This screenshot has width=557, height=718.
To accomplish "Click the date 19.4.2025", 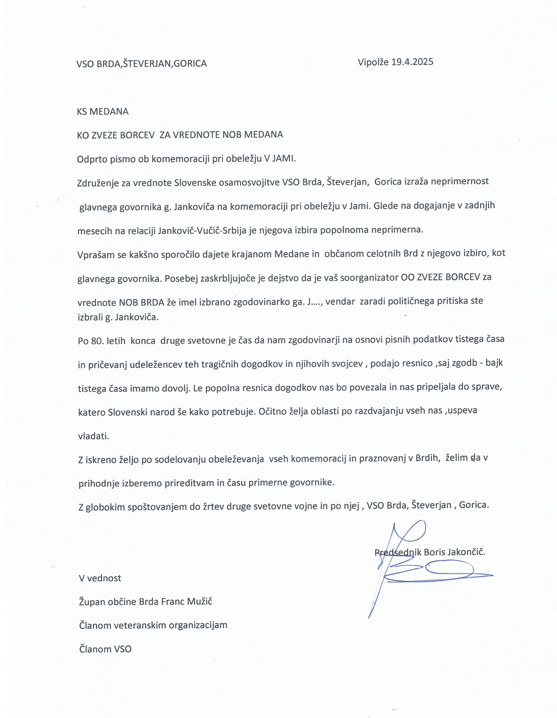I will pos(412,62).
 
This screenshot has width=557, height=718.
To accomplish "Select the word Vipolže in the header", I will pos(373,62).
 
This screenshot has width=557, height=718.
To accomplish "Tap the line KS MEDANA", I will pos(102,112).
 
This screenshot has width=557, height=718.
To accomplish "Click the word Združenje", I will pos(97,183).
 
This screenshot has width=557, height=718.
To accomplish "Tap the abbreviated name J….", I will pos(314,302).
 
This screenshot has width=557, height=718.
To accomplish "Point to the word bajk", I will pos(494,363).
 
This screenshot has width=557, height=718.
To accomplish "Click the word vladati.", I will pos(94,436).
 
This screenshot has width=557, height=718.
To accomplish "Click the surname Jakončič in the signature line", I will pos(466,552).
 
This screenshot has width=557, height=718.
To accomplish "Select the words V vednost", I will pos(100,578).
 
